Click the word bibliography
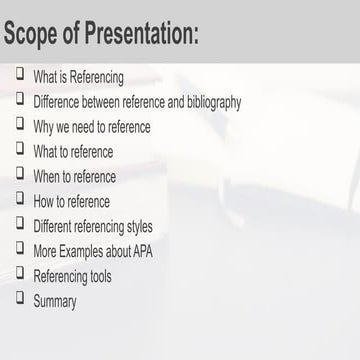click(208, 101)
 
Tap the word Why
click(44, 126)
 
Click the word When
click(46, 176)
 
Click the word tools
click(99, 274)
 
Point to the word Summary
click(55, 299)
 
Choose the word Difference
click(57, 101)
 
